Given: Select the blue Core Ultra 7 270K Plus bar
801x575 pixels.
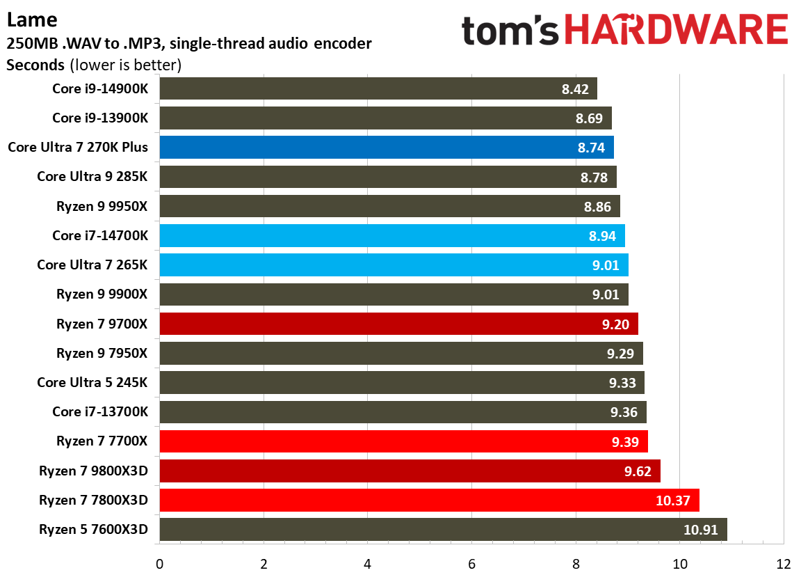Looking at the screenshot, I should click(386, 148).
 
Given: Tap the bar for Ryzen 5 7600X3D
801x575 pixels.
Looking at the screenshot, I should click(442, 529).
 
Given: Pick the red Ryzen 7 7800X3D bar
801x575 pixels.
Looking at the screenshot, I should click(428, 500).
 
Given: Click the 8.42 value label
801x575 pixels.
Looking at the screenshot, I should click(575, 89).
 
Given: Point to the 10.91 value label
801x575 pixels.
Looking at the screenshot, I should click(702, 529).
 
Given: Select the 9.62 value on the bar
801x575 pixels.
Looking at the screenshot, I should click(638, 471).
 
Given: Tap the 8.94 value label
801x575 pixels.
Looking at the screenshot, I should click(602, 236).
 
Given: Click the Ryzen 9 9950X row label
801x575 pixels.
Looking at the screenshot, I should click(102, 206).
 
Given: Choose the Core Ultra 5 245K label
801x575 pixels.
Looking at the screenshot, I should click(92, 382).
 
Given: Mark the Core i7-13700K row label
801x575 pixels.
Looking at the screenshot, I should click(100, 411).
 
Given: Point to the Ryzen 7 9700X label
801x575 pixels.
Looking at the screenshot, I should click(102, 324).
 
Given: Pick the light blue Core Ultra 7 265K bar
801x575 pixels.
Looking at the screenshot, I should click(394, 265).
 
